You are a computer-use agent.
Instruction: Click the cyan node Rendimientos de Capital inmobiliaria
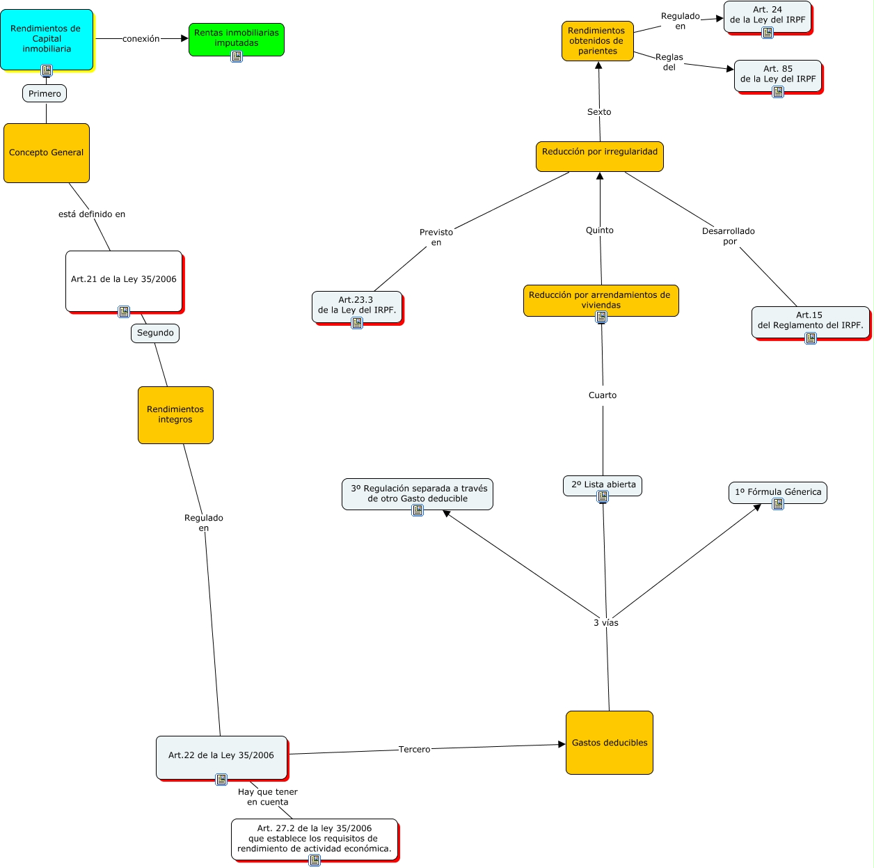(47, 38)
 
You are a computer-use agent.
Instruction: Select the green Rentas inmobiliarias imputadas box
(236, 38)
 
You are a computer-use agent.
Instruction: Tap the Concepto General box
(47, 152)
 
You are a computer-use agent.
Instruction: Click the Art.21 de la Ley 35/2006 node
(124, 279)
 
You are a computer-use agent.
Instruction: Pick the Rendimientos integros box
(175, 414)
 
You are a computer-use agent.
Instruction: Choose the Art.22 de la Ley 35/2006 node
(221, 755)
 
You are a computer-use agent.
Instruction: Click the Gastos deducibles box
(610, 743)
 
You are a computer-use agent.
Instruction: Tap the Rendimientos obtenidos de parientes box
(597, 40)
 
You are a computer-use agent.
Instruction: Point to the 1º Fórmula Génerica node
(777, 491)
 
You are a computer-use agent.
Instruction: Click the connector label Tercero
(415, 750)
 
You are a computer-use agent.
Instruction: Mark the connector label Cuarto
(603, 395)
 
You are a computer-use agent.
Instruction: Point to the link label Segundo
(155, 333)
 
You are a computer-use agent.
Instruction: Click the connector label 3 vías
(606, 623)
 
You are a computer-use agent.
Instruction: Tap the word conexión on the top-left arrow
(141, 39)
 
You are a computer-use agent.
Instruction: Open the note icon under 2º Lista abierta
(603, 497)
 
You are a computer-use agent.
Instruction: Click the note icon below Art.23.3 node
(357, 323)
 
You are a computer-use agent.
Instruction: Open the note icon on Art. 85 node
(778, 91)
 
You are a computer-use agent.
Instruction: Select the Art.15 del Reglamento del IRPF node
(810, 321)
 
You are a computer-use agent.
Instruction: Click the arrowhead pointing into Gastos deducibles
(562, 745)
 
